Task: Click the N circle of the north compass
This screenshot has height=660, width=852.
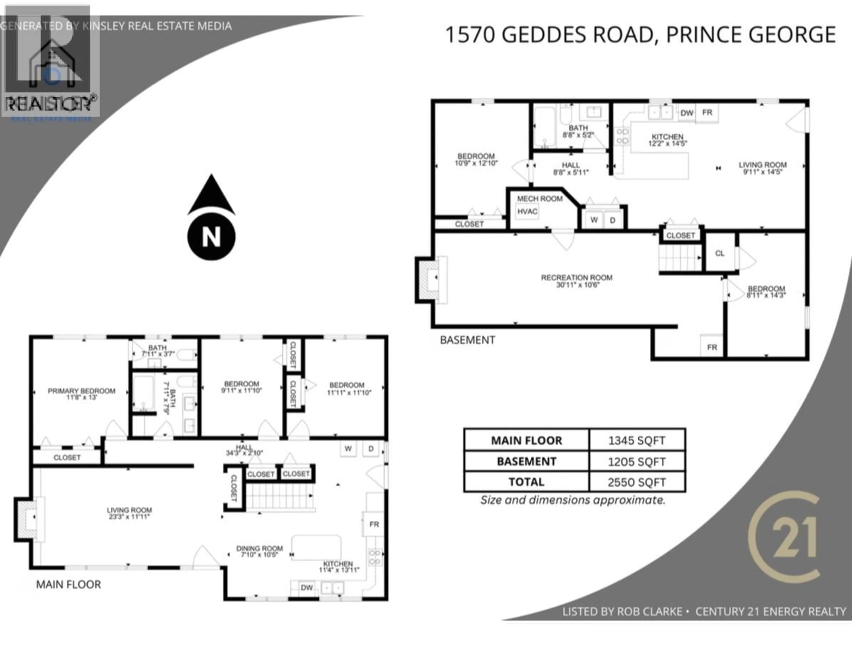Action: (211, 237)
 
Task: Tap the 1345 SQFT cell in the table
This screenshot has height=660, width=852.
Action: (637, 441)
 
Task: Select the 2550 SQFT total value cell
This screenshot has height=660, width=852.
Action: (637, 482)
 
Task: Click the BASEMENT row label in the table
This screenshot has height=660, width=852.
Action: (526, 462)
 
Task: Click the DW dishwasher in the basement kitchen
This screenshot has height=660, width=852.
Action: (687, 113)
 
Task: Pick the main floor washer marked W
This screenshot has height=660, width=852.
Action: (348, 449)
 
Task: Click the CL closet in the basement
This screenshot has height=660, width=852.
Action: (720, 253)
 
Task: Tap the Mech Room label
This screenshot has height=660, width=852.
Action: (540, 199)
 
